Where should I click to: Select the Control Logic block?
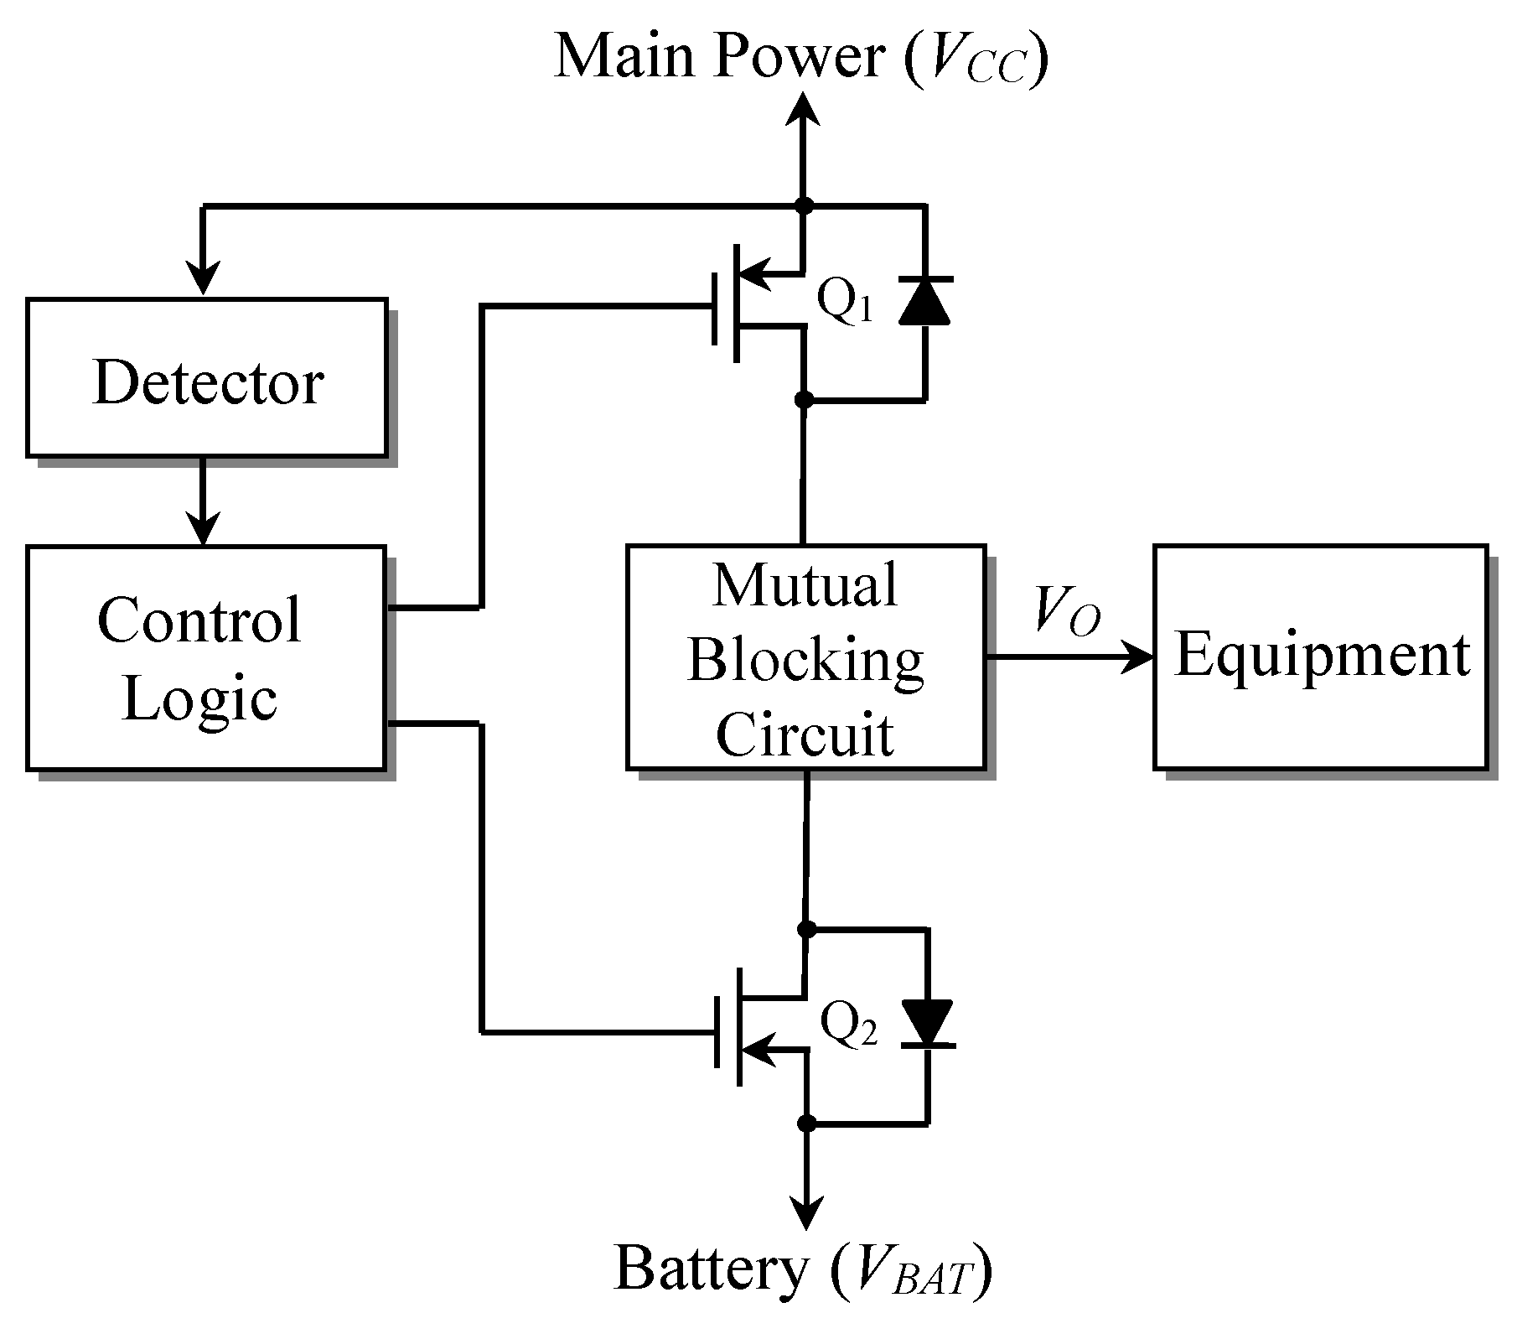[x=205, y=658]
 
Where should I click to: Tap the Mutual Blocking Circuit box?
[x=805, y=658]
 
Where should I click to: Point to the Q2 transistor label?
[x=848, y=1025]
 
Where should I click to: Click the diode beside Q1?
[x=924, y=300]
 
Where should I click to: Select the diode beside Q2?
[x=927, y=1023]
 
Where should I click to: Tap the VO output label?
[x=1067, y=610]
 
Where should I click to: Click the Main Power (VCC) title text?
[x=801, y=57]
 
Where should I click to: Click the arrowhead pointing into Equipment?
[x=1141, y=657]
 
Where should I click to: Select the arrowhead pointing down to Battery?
[x=806, y=1213]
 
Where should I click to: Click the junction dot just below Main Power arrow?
[x=804, y=205]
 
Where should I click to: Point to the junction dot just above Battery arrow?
[x=806, y=1123]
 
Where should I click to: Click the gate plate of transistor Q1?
[x=715, y=308]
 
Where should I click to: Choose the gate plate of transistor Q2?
[x=717, y=1030]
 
